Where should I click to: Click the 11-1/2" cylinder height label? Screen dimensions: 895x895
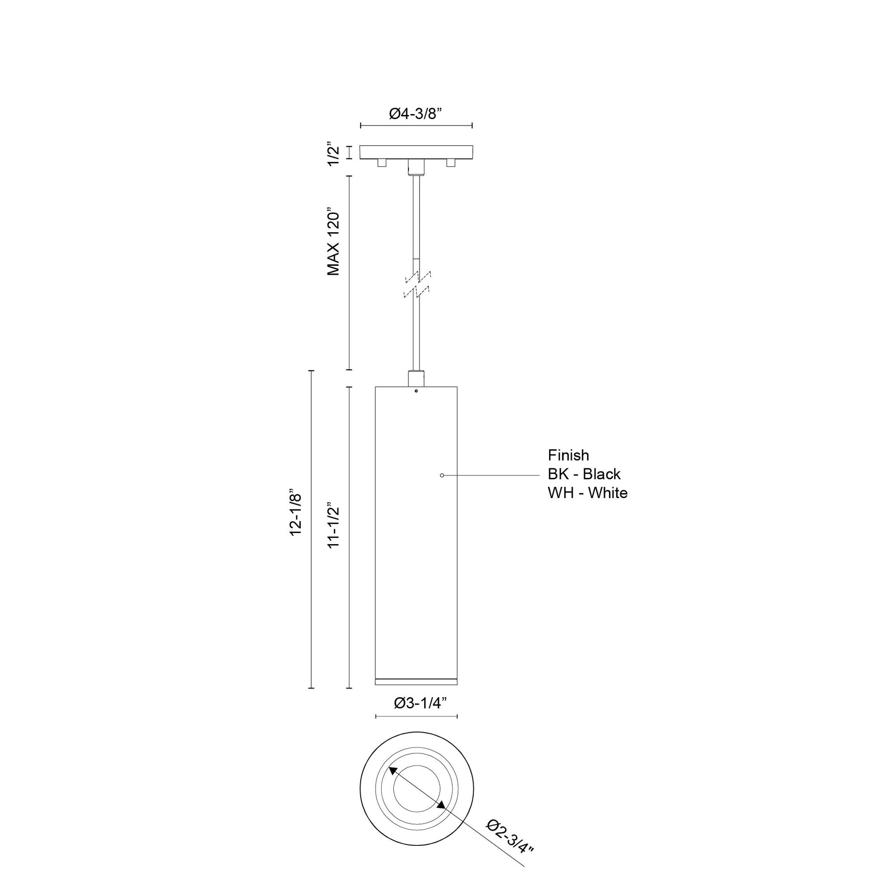click(x=333, y=525)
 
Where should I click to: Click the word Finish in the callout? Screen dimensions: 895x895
click(x=568, y=455)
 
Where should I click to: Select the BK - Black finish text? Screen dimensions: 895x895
click(x=584, y=474)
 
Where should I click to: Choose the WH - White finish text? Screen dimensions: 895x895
click(x=588, y=493)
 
